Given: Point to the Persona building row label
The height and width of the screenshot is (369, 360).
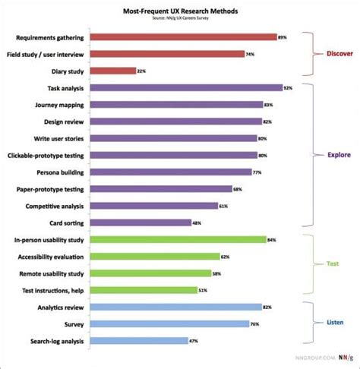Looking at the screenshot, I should [x=60, y=172].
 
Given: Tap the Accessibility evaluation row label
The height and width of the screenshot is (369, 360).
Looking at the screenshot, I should [x=51, y=257].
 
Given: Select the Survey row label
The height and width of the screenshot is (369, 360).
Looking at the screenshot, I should [x=74, y=324].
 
